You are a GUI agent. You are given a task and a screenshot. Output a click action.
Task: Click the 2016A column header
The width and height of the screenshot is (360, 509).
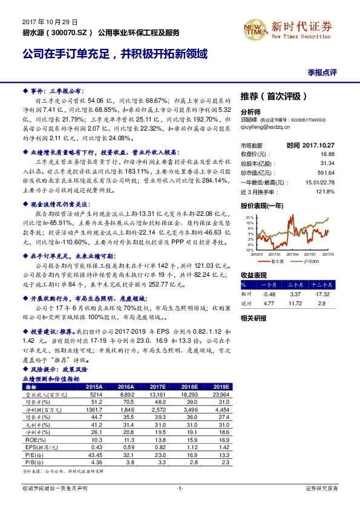[125, 386]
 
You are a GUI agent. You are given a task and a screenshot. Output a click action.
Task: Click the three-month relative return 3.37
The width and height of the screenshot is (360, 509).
[296, 294]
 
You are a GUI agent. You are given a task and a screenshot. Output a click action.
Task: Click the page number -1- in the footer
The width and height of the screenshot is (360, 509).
[179, 488]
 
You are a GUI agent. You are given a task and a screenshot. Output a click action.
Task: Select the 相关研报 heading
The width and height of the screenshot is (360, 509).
[253, 317]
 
